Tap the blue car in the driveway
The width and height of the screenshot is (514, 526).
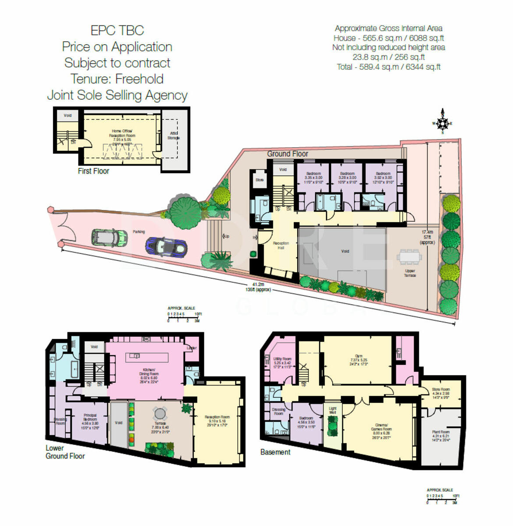pyautogui.click(x=166, y=247)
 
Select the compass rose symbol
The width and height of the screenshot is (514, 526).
pyautogui.click(x=443, y=123)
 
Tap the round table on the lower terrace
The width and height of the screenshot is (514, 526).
pyautogui.click(x=159, y=413)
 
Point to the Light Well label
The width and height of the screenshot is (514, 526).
pyautogui.click(x=333, y=410)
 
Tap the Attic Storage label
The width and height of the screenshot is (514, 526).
pyautogui.click(x=174, y=135)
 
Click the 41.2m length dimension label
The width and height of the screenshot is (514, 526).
pyautogui.click(x=258, y=284)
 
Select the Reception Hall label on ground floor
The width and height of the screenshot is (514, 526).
pyautogui.click(x=281, y=245)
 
